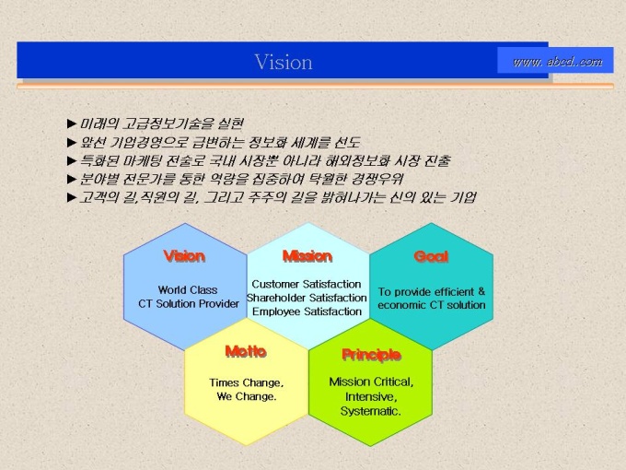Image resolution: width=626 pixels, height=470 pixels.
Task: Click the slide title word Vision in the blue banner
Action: [284, 62]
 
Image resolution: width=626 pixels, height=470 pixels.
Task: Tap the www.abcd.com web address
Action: [557, 61]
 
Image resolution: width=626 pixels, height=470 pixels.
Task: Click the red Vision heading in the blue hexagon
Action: [184, 256]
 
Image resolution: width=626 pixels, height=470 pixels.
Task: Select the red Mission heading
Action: [307, 256]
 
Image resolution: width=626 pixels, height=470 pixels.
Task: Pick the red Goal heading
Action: [431, 256]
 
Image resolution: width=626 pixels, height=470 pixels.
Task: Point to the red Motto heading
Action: [246, 351]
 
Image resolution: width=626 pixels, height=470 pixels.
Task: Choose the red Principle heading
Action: [371, 355]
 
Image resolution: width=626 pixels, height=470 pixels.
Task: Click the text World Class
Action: [188, 289]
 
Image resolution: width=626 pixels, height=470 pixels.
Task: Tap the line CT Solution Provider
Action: [189, 304]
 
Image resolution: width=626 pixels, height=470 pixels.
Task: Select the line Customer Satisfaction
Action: [307, 284]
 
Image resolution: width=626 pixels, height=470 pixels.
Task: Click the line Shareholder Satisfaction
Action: [307, 298]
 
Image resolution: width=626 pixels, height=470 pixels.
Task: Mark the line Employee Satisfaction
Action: [307, 311]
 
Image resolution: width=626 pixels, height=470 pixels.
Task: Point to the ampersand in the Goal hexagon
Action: [481, 291]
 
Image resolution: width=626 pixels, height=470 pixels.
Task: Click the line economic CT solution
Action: [432, 305]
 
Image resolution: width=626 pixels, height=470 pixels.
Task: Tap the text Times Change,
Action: [247, 382]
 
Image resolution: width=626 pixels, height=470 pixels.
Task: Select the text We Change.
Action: [247, 396]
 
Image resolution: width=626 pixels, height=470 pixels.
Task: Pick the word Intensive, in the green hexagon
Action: [371, 397]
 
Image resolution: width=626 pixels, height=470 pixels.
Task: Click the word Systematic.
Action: [370, 411]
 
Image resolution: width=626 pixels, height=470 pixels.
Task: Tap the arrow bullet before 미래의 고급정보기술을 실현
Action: [72, 123]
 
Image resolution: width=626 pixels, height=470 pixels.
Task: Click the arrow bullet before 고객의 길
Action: [72, 197]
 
